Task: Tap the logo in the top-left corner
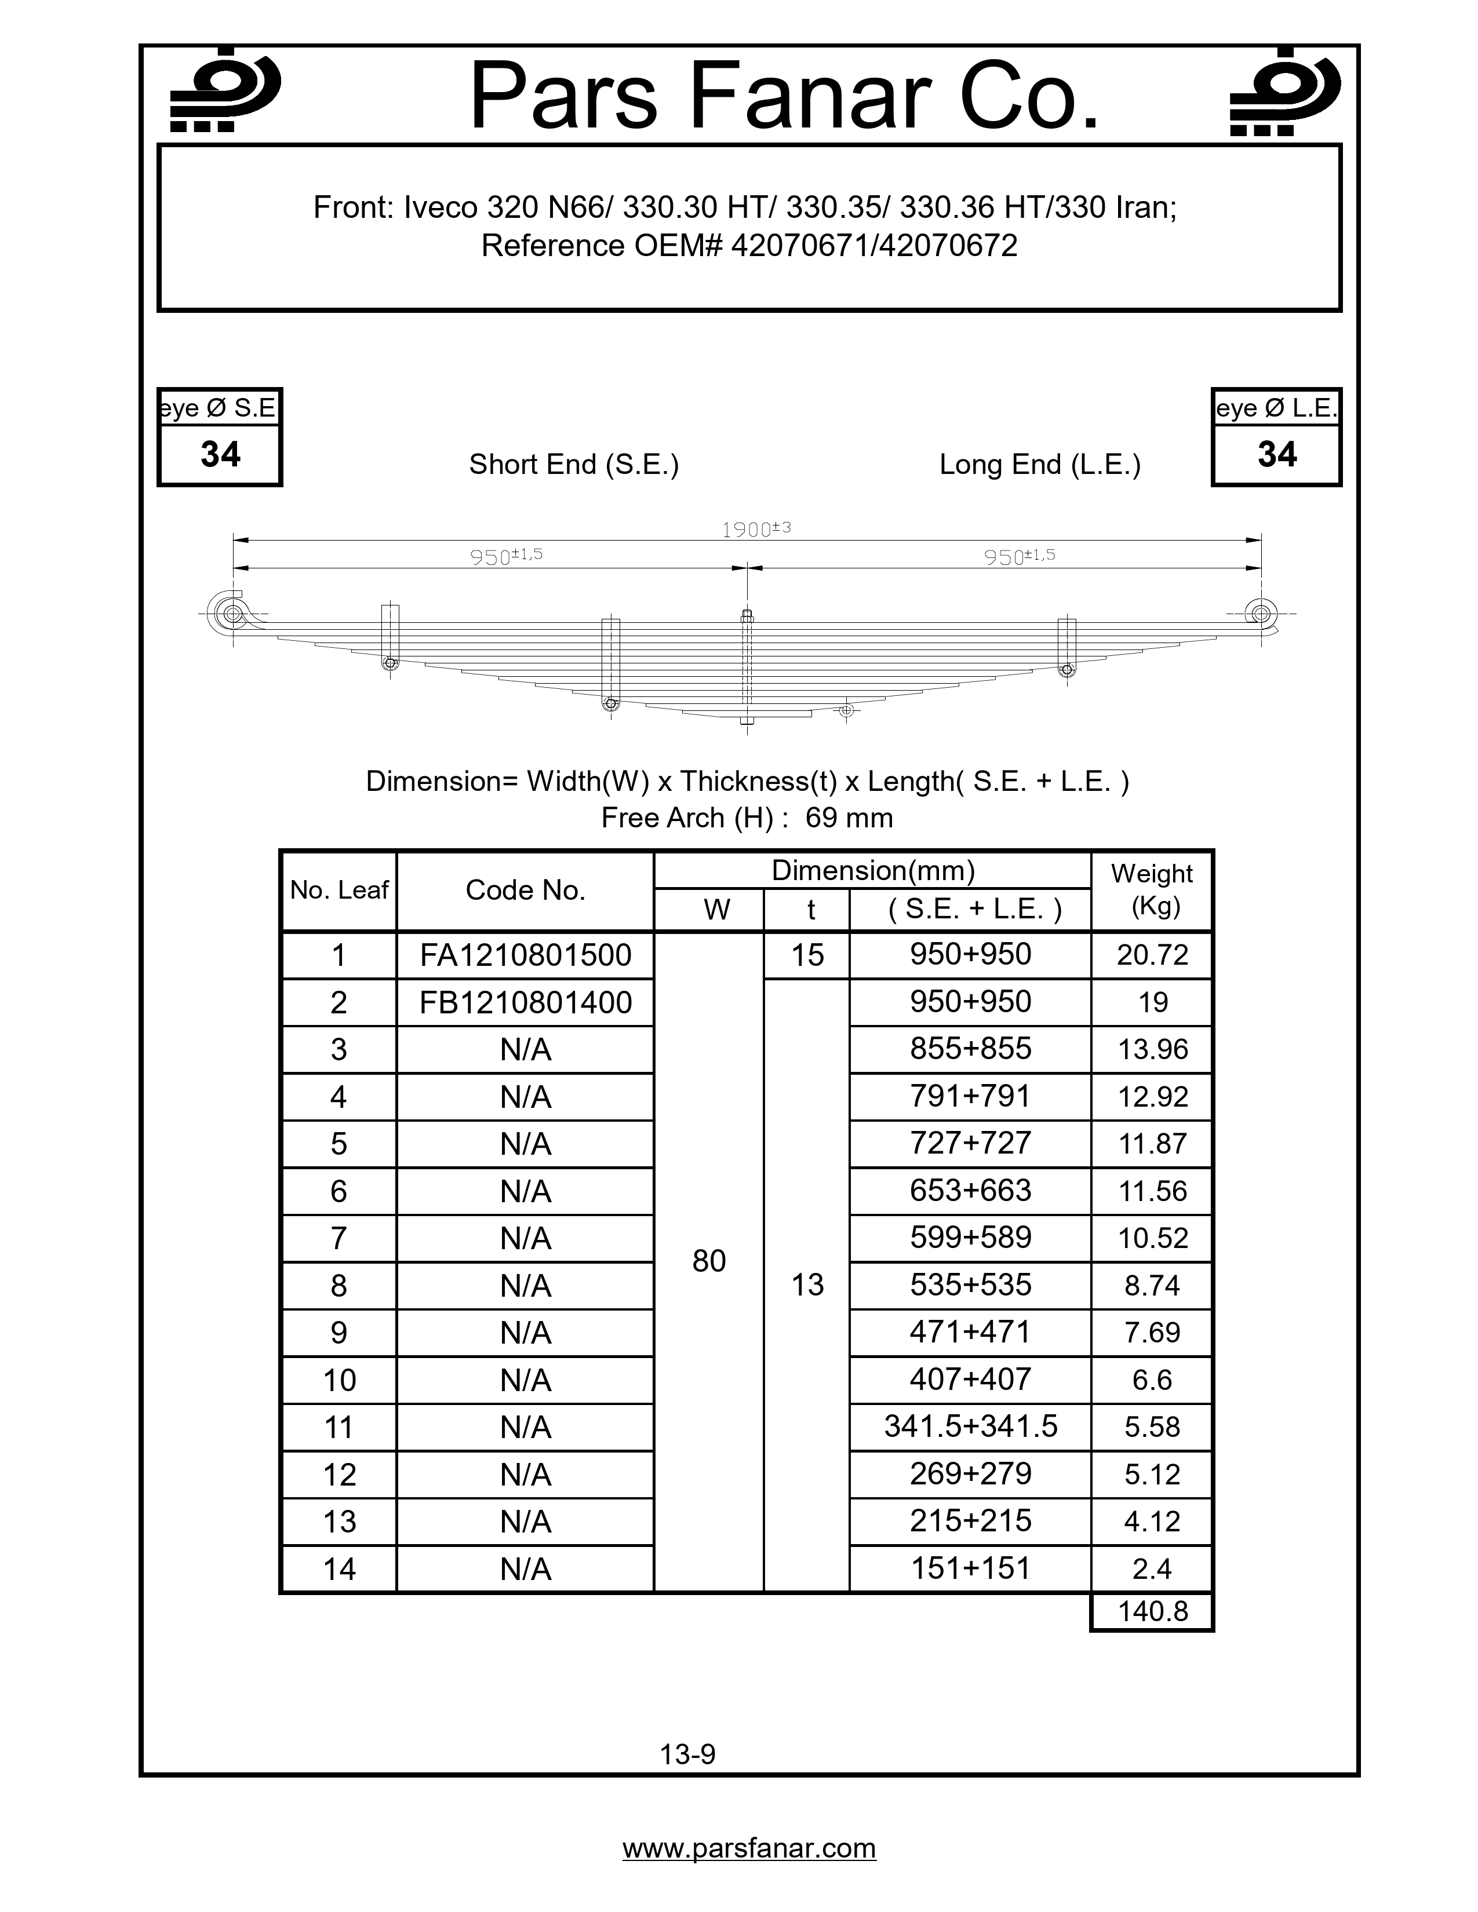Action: [x=224, y=91]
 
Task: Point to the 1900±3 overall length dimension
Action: [x=756, y=529]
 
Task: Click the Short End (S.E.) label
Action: [x=573, y=464]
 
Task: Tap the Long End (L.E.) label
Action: [x=1039, y=464]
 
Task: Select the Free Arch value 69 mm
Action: [x=849, y=818]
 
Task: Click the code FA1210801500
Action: [x=525, y=955]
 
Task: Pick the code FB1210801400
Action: [x=525, y=1002]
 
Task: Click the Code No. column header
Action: [x=525, y=891]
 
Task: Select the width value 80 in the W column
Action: [x=709, y=1261]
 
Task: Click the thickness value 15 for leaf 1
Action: [x=807, y=955]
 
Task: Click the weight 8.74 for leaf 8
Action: [x=1152, y=1285]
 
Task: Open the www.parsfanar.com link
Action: [x=749, y=1848]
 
